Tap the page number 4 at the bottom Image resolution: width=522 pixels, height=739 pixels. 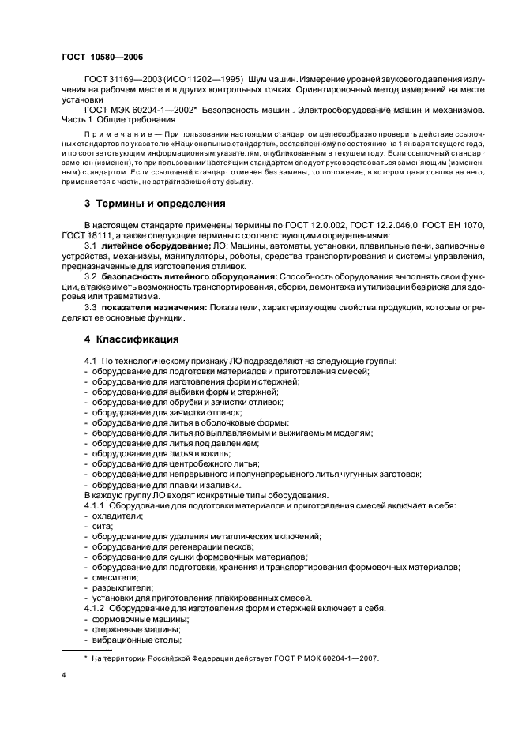click(64, 676)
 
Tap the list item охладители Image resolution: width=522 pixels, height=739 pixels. click(118, 515)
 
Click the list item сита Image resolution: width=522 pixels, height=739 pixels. click(103, 525)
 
